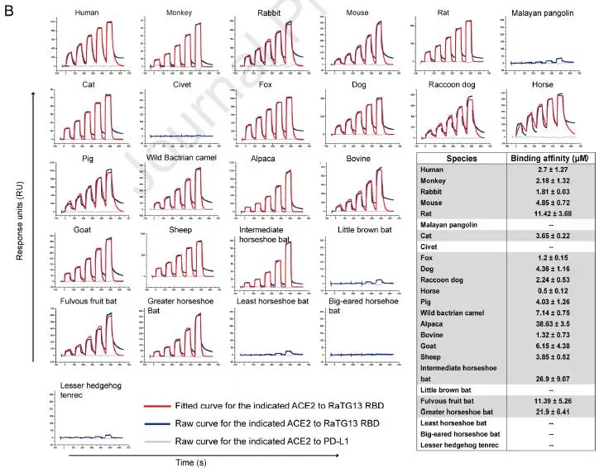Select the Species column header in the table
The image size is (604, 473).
(462, 160)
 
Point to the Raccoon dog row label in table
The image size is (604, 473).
(453, 269)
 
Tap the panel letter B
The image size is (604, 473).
(10, 11)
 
